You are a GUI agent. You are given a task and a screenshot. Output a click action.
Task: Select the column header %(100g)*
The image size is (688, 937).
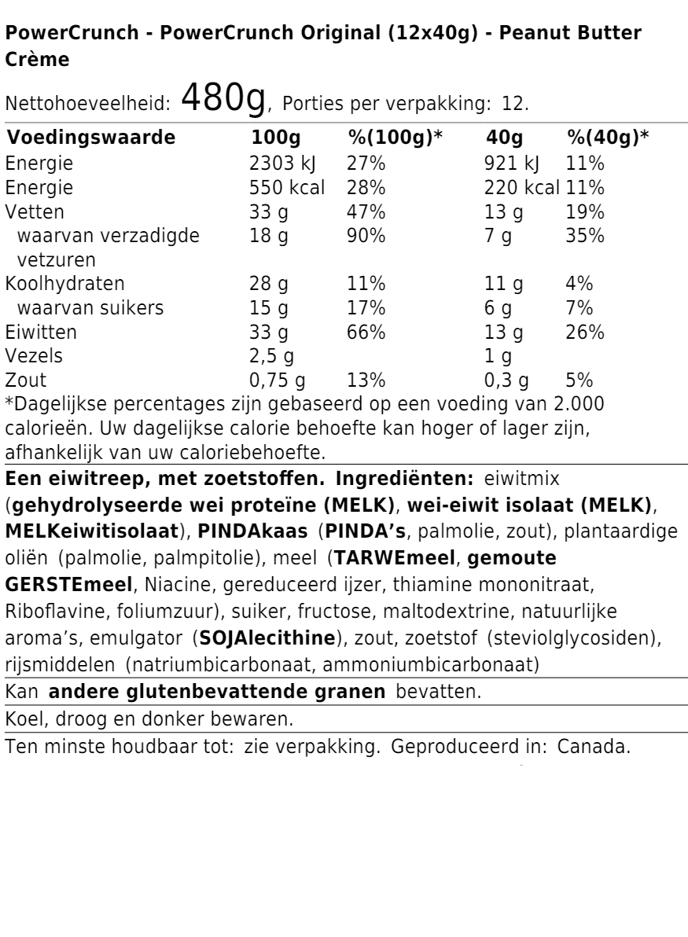[396, 139]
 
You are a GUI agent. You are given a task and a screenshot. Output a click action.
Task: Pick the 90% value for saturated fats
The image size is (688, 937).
[366, 235]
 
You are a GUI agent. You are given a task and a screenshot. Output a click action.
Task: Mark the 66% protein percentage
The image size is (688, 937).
[366, 332]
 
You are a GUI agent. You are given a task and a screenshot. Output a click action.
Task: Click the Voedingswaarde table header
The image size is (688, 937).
[91, 139]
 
